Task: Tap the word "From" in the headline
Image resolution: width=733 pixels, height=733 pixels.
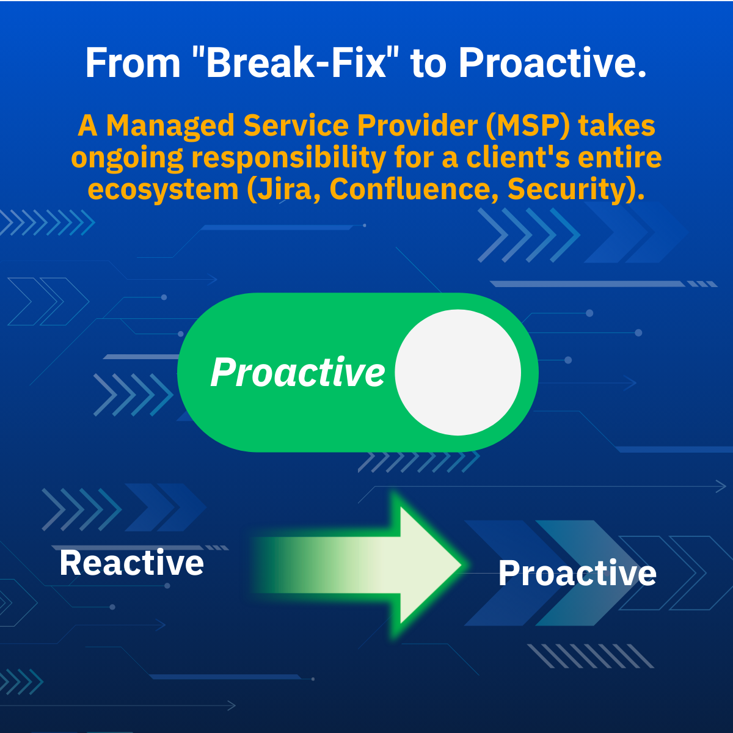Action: [133, 63]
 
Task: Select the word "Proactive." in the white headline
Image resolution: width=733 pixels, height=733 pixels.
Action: [552, 62]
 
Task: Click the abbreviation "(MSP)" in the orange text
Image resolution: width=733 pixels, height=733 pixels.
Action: [528, 126]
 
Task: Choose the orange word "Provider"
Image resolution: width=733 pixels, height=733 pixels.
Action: [417, 125]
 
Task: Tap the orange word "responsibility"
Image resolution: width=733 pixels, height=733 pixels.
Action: [289, 158]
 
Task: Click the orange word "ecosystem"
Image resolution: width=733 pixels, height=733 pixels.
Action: [163, 189]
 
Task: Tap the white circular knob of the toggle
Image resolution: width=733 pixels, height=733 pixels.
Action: [458, 373]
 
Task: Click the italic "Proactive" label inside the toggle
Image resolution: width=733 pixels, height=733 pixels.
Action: [298, 373]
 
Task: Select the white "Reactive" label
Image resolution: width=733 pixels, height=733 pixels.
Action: [131, 563]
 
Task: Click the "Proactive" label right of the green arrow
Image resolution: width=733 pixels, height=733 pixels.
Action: [577, 573]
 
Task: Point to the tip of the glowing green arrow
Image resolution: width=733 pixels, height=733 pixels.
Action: [461, 565]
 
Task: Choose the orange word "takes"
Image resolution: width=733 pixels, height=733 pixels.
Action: [616, 126]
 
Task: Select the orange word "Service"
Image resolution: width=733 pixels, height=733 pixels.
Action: [296, 125]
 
